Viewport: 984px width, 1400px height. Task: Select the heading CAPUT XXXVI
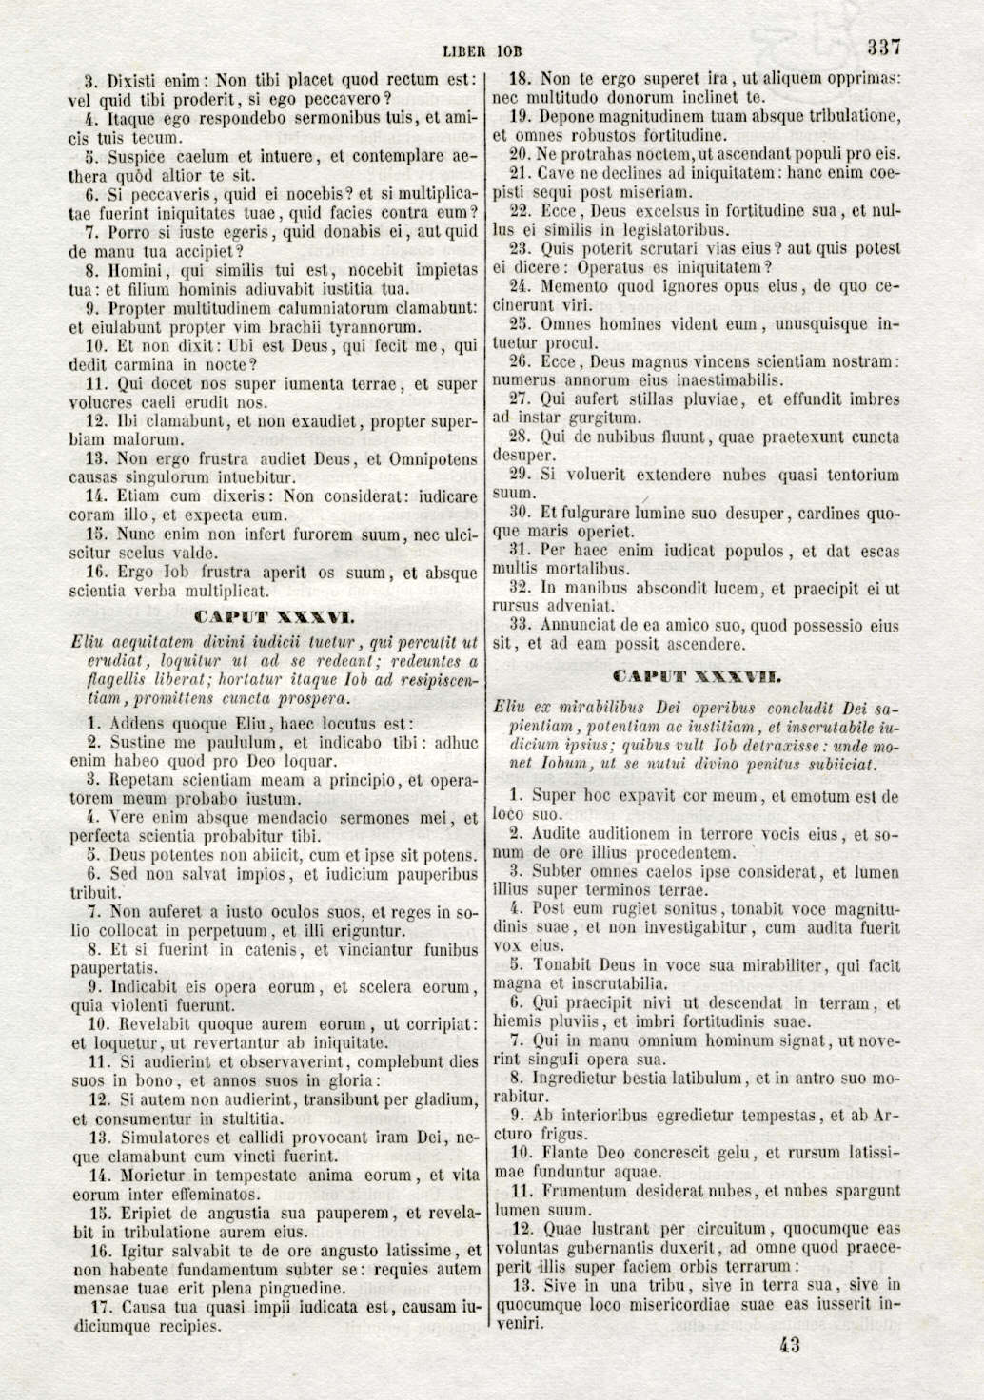pyautogui.click(x=274, y=616)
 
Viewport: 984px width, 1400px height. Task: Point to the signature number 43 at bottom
pyautogui.click(x=788, y=1345)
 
